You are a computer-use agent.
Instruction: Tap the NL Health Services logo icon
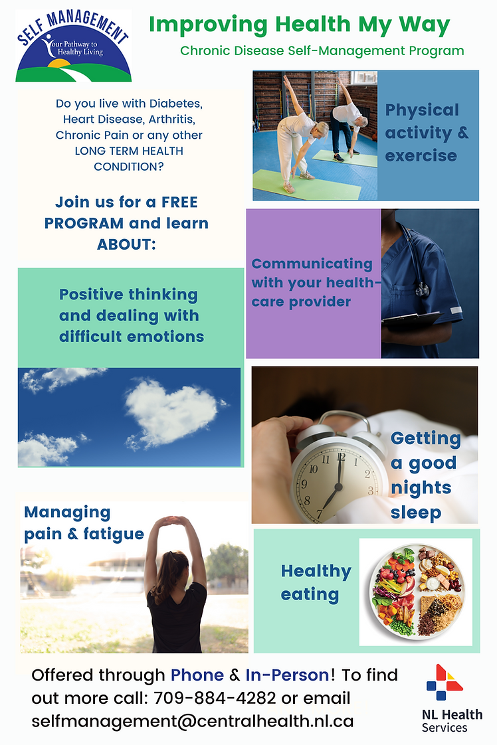click(x=445, y=683)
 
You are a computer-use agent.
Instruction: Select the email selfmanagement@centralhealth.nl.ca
click(x=193, y=721)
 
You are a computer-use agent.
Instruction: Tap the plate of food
click(x=416, y=592)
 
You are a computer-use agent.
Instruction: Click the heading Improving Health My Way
click(x=299, y=25)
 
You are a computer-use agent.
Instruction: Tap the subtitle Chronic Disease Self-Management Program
click(x=322, y=51)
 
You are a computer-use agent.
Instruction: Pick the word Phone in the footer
click(x=197, y=675)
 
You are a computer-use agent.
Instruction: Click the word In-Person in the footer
click(x=287, y=675)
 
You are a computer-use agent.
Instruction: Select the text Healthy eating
click(x=316, y=582)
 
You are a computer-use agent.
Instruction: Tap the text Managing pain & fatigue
click(x=84, y=523)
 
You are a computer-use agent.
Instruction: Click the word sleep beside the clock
click(x=416, y=512)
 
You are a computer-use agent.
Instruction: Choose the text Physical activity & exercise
click(x=427, y=133)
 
